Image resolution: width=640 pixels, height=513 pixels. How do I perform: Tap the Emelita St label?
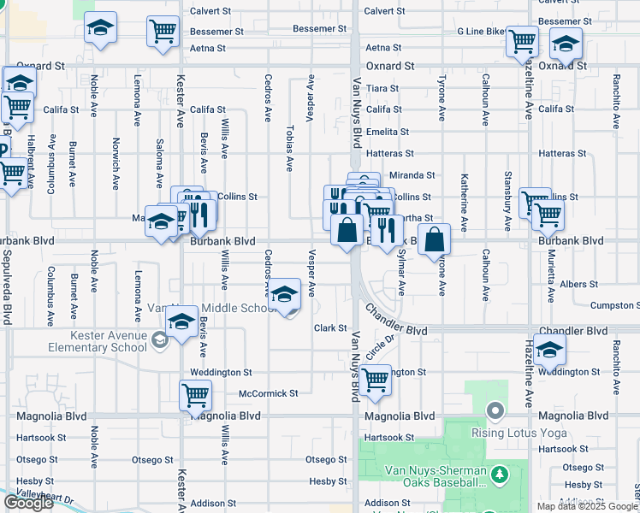387,132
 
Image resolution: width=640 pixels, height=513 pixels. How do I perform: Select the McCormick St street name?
268,393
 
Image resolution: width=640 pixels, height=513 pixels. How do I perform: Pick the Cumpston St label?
614,305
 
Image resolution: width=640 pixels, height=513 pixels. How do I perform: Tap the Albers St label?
578,284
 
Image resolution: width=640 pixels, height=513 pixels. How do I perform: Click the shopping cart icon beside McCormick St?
195,395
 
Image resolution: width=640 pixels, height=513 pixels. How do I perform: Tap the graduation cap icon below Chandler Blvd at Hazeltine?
550,349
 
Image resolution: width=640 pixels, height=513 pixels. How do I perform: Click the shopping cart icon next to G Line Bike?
521,41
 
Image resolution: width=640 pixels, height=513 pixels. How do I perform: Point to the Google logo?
28,503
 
